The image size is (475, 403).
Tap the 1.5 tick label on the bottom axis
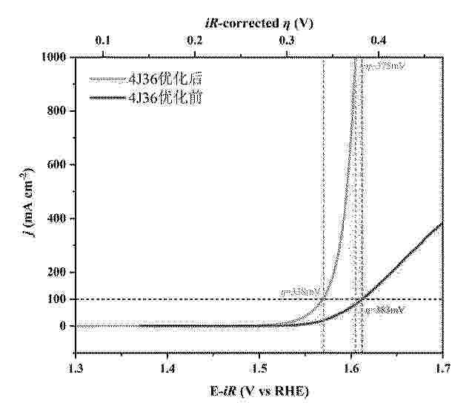pos(259,367)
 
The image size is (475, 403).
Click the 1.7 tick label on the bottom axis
pos(442,367)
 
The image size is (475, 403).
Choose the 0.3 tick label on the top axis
pos(287,41)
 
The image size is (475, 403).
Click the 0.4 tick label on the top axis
pos(379,41)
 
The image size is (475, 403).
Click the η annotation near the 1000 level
pos(384,67)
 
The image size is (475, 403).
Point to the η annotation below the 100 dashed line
pos(384,310)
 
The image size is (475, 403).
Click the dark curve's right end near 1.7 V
pos(441,224)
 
